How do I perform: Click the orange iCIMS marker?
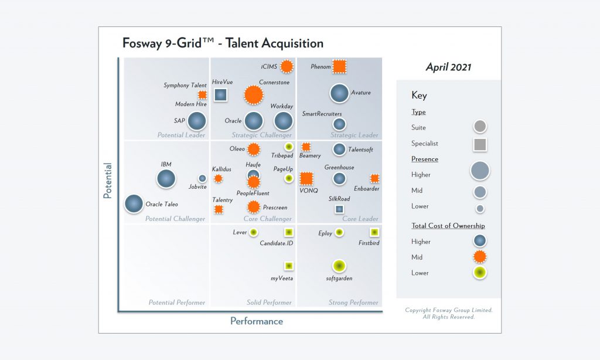click(287, 66)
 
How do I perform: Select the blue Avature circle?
click(339, 93)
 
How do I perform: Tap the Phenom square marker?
click(339, 66)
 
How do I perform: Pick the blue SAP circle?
click(197, 121)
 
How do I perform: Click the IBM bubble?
click(166, 178)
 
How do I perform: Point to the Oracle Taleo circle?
click(134, 203)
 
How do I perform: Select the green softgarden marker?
click(339, 267)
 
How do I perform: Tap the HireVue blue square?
click(220, 94)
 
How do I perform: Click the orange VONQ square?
click(306, 178)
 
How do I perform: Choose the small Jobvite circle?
click(202, 178)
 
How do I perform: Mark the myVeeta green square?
click(288, 266)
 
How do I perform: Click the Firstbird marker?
click(374, 232)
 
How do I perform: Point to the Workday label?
click(282, 106)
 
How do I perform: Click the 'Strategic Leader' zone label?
click(354, 135)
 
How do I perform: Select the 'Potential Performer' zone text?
click(176, 303)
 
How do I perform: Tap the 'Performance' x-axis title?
click(257, 321)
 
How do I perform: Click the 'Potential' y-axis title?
click(108, 180)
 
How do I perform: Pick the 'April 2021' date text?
click(448, 67)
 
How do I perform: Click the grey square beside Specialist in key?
click(480, 144)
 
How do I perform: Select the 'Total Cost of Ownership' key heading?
click(448, 226)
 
